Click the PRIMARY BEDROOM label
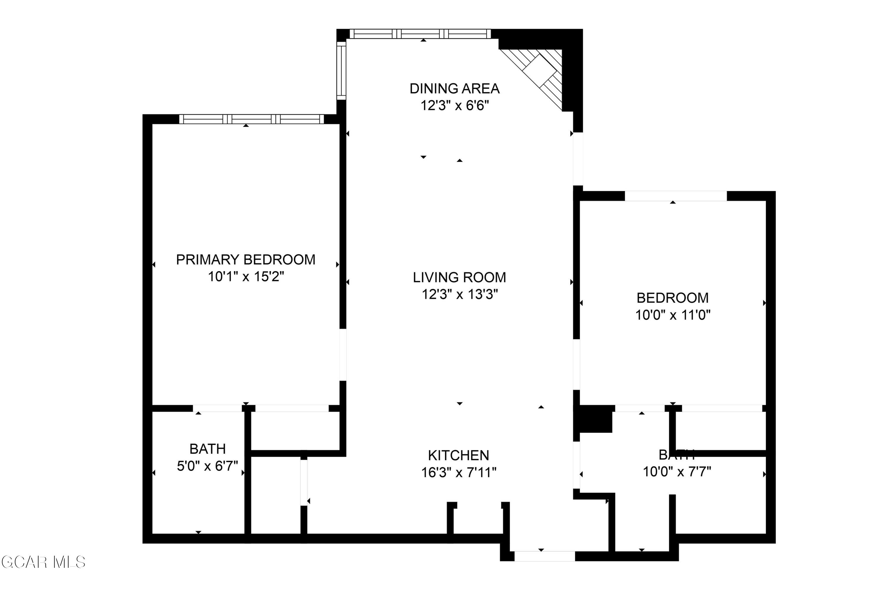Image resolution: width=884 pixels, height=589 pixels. (x=245, y=259)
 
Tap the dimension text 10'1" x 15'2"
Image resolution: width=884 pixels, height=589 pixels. (x=246, y=277)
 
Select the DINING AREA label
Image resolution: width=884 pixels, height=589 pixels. (x=454, y=89)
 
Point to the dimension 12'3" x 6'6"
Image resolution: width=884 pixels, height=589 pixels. (x=454, y=105)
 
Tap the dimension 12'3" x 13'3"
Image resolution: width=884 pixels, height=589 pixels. (x=459, y=294)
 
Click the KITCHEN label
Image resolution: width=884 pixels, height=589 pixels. (x=459, y=455)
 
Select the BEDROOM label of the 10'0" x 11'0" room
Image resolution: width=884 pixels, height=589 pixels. (x=672, y=298)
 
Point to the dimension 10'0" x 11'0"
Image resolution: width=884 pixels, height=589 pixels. (x=672, y=315)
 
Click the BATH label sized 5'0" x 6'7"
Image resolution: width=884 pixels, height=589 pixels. (x=207, y=449)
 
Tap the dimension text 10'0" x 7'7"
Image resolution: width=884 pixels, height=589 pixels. (x=677, y=471)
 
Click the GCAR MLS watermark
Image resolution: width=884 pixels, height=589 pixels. (x=43, y=562)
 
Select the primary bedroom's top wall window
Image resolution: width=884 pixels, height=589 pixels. (x=251, y=119)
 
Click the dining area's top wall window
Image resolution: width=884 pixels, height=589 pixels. (x=420, y=34)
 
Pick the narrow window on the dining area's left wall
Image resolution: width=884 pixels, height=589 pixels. (x=341, y=71)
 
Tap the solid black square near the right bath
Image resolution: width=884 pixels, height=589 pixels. (x=596, y=418)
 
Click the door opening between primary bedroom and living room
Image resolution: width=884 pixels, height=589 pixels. (x=343, y=355)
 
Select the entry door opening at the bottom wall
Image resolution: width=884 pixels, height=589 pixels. (x=544, y=556)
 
